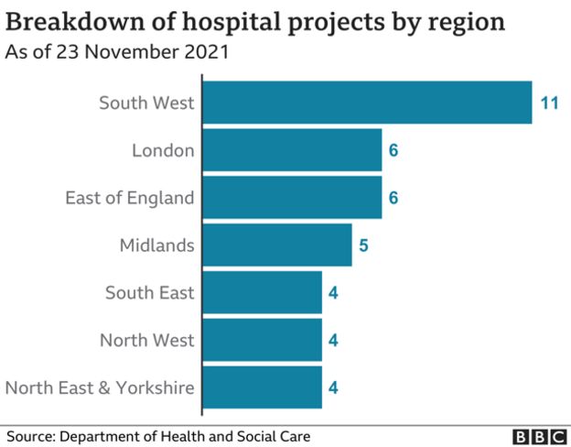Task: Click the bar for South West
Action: tap(366, 102)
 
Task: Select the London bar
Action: tap(291, 149)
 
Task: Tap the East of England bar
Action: tap(291, 197)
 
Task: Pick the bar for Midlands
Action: tap(276, 245)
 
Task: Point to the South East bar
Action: tap(262, 292)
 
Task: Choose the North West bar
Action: tap(262, 340)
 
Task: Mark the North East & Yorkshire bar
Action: tap(262, 387)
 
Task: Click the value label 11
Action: tap(549, 103)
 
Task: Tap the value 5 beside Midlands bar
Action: tap(363, 245)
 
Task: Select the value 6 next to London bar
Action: tap(393, 150)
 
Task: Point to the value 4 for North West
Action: tap(334, 341)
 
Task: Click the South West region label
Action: tap(146, 103)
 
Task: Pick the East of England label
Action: tap(130, 198)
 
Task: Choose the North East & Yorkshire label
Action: tap(100, 388)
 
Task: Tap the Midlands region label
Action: tap(156, 245)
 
